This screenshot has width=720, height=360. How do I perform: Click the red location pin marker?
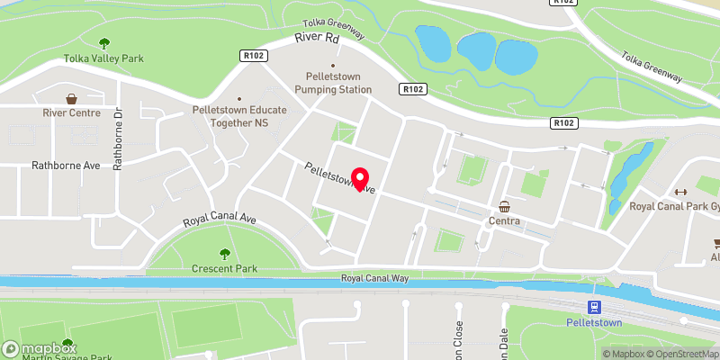(361, 180)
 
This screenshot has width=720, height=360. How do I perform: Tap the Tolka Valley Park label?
(104, 58)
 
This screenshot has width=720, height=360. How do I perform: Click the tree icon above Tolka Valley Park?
(104, 42)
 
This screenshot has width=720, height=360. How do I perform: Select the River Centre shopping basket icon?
(71, 98)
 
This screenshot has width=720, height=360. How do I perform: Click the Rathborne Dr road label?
(117, 139)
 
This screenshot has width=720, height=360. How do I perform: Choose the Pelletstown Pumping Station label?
(332, 84)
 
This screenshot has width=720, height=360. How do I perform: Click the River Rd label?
(319, 39)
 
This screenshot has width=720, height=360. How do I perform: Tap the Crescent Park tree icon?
(224, 254)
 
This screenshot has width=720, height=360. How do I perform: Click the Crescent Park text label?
(224, 269)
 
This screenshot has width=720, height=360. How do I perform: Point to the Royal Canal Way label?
(374, 279)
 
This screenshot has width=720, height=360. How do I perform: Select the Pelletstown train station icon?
(595, 306)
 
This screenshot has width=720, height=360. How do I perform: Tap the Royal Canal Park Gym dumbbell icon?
(680, 192)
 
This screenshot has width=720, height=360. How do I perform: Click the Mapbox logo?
(40, 348)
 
